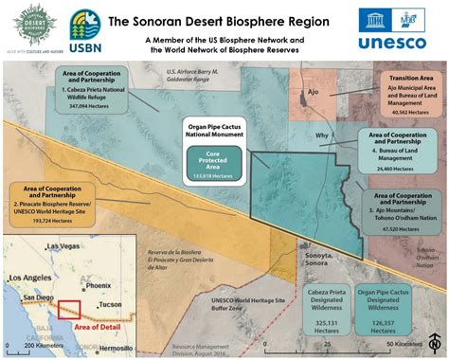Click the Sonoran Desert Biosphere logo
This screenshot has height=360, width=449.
[x=27, y=28]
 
